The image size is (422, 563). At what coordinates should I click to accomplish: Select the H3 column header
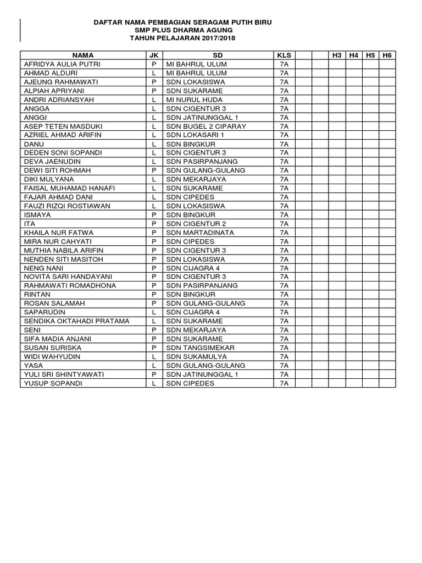[337, 55]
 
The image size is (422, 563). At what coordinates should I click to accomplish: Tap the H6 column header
[387, 55]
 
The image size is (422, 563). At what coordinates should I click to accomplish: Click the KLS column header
[284, 55]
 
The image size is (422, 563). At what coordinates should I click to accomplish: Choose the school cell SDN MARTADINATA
[200, 232]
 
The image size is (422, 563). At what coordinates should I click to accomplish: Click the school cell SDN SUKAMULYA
[197, 356]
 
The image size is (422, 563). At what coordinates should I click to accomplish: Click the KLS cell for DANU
[284, 143]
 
